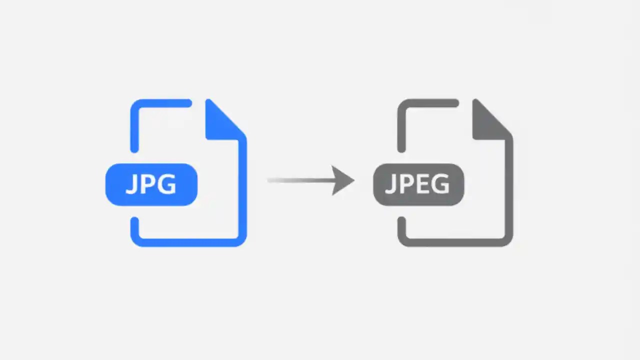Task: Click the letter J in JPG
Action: tap(131, 184)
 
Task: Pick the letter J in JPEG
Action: tap(390, 184)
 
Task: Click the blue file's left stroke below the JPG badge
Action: tap(134, 227)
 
